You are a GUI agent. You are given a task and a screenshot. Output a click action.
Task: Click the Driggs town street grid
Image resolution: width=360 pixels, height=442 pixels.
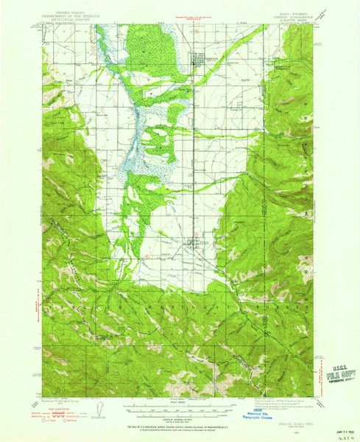[x=195, y=63]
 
